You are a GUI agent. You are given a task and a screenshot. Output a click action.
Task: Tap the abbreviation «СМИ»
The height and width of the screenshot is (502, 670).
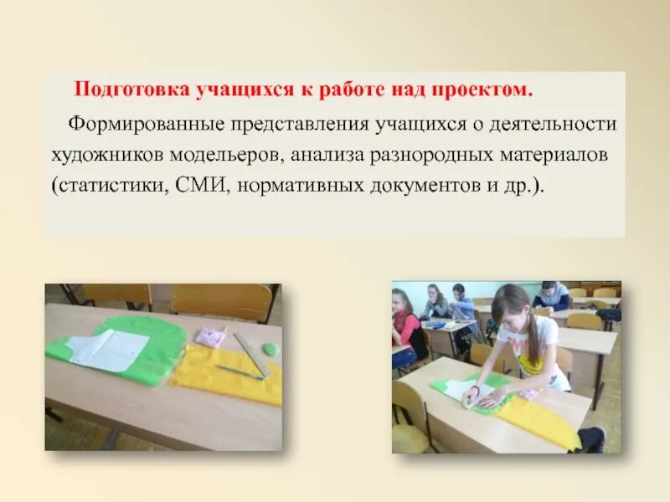[203, 185]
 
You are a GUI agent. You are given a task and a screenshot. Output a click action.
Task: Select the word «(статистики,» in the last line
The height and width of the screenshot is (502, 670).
[109, 185]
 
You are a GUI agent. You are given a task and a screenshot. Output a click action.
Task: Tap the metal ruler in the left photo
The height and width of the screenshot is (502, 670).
[250, 354]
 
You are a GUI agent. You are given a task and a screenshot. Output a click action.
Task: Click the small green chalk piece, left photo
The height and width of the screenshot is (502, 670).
[270, 349]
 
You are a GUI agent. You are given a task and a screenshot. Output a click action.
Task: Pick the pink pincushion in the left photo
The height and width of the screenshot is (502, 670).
[209, 336]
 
